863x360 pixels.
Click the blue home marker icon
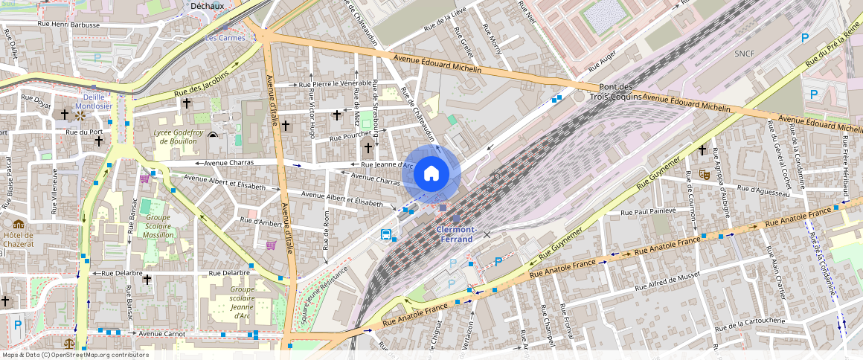431,173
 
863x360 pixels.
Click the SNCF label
745,54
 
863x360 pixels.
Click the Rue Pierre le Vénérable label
336,83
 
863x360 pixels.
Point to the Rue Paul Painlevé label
649,211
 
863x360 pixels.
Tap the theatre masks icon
703,175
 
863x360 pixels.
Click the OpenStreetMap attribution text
75,355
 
